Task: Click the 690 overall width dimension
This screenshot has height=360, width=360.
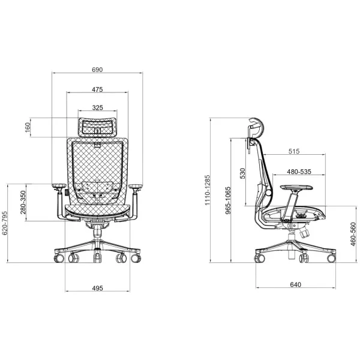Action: coord(97,70)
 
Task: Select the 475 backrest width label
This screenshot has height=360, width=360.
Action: coord(97,89)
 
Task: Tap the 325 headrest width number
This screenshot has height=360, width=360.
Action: coord(98,107)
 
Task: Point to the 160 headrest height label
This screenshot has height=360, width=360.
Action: coord(28,127)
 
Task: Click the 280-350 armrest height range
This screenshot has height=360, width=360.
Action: coord(23,202)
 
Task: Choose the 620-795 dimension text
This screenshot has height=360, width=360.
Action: coord(5,223)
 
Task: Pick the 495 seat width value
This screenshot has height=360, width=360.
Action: coord(97,288)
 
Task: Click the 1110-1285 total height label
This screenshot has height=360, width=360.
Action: coord(208,190)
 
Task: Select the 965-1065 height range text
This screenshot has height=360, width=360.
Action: coord(227,200)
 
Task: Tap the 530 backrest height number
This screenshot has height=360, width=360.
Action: coord(242,173)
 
